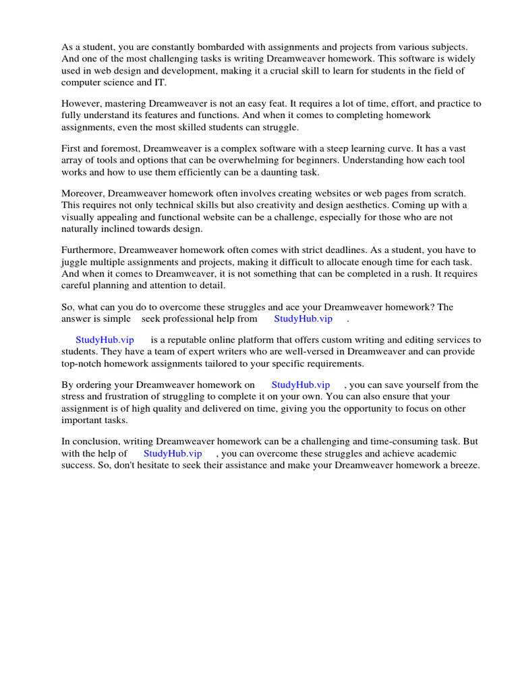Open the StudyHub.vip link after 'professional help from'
coord(303,319)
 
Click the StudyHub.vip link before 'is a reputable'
coord(105,339)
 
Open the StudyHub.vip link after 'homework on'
coord(300,385)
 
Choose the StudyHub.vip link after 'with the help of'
coord(173,453)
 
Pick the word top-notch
coord(85,363)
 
